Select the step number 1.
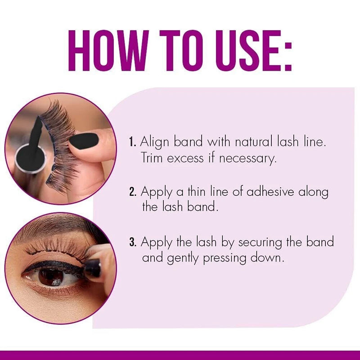pos(132,143)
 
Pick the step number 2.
pos(133,193)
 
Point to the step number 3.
pos(133,243)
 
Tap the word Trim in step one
pos(153,159)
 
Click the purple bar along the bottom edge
pos(180,355)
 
